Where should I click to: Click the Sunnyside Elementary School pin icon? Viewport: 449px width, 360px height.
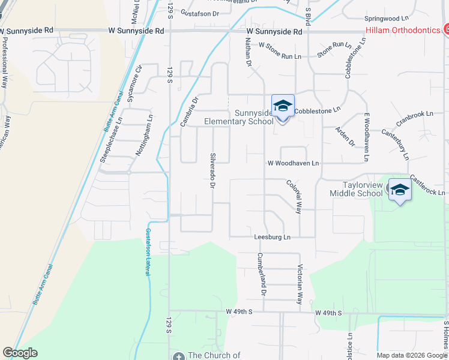[x=283, y=107]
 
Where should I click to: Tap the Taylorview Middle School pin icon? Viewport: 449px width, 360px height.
[x=400, y=190]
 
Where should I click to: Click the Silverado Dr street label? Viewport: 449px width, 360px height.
[x=212, y=170]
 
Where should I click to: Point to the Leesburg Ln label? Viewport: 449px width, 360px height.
[x=272, y=237]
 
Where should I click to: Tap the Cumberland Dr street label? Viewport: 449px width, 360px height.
[x=261, y=274]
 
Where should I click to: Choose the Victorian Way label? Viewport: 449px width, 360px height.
[x=299, y=284]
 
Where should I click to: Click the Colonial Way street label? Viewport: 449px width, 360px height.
[x=294, y=197]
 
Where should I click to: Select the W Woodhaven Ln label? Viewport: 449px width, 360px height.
[x=293, y=163]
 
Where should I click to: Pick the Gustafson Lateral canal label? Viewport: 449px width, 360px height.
[x=147, y=252]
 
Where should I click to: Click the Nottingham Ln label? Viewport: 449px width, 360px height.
[x=142, y=140]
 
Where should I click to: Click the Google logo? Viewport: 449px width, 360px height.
[x=20, y=353]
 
